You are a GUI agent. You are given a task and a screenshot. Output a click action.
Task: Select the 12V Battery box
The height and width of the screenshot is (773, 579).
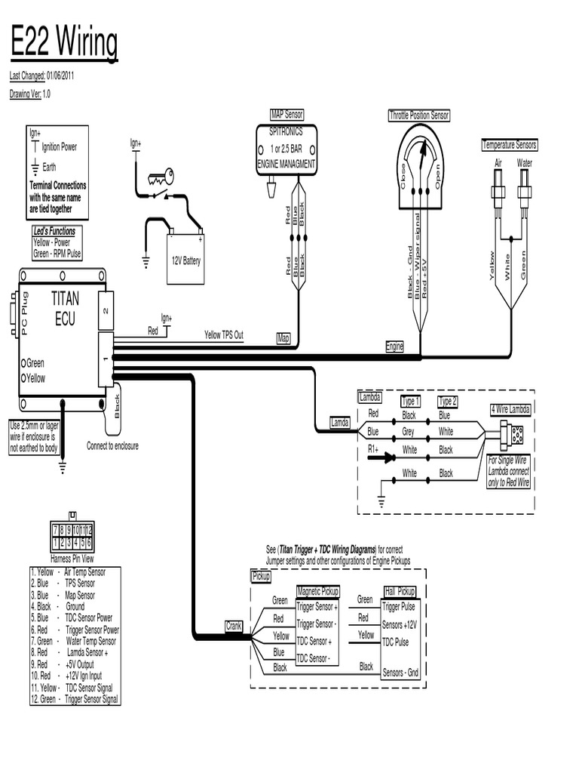(x=185, y=260)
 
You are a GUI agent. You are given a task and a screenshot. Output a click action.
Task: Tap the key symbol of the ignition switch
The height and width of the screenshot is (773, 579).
(x=161, y=178)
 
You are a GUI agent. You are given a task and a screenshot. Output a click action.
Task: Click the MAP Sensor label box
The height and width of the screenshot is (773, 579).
(x=286, y=114)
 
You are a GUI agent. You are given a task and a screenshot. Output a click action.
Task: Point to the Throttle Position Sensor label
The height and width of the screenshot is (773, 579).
(x=418, y=115)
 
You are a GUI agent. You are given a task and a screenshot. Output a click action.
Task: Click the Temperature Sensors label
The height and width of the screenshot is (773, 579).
(x=509, y=145)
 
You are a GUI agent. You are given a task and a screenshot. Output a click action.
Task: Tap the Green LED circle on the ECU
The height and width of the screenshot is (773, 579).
(x=24, y=363)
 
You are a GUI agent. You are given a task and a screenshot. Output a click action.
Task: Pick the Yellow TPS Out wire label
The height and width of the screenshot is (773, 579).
(x=224, y=334)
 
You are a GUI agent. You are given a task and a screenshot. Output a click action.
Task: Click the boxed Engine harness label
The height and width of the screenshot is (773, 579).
(x=395, y=346)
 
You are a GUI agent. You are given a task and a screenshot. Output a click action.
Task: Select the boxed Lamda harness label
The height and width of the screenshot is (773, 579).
(x=340, y=423)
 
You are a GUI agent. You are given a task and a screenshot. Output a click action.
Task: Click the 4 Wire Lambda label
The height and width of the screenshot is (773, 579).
(x=510, y=409)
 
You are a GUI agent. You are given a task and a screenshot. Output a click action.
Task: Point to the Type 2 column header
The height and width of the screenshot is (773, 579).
(x=448, y=402)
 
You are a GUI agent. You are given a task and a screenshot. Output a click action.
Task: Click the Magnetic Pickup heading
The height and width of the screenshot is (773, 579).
(x=318, y=591)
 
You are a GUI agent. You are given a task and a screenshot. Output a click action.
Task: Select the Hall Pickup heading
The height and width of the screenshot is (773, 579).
(x=400, y=591)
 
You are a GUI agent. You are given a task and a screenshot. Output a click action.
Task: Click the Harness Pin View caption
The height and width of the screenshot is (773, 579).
(x=72, y=559)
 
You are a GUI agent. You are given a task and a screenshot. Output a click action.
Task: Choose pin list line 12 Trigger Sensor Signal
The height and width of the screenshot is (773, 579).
(x=74, y=699)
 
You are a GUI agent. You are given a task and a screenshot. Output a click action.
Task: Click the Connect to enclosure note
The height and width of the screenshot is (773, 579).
(x=112, y=445)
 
